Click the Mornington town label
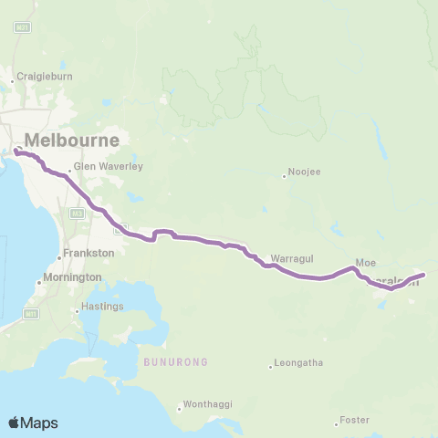(x=72, y=276)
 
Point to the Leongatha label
(x=298, y=363)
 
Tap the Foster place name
(x=353, y=421)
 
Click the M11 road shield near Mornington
(x=31, y=313)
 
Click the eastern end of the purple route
(x=424, y=274)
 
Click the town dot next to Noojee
(x=284, y=176)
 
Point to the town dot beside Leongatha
(x=271, y=368)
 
